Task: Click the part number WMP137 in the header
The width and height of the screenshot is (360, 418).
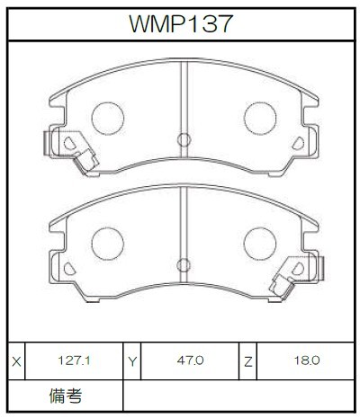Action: pyautogui.click(x=181, y=23)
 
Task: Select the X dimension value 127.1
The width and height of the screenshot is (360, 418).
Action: pyautogui.click(x=74, y=360)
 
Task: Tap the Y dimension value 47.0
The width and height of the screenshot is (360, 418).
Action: pyautogui.click(x=190, y=360)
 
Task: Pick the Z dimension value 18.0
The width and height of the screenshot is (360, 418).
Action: pyautogui.click(x=307, y=360)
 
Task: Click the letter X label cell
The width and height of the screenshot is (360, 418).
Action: pyautogui.click(x=17, y=361)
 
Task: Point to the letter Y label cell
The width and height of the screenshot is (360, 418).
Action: pyautogui.click(x=132, y=361)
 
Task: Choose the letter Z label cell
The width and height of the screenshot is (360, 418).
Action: pyautogui.click(x=248, y=361)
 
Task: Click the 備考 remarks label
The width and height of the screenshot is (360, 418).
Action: pyautogui.click(x=66, y=396)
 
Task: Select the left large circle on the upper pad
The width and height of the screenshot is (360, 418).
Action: pyautogui.click(x=108, y=119)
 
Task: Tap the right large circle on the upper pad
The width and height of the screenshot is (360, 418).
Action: pyautogui.click(x=260, y=119)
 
